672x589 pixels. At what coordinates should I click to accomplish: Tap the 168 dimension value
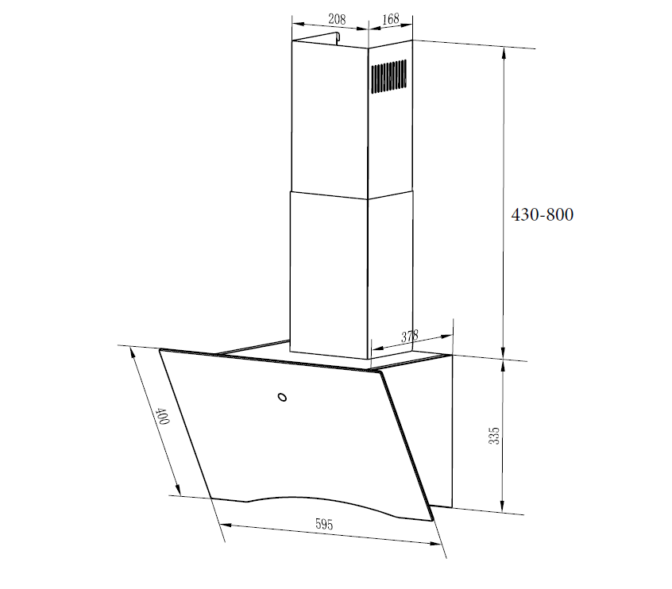(x=390, y=18)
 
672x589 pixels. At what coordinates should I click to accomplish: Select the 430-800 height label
(x=542, y=214)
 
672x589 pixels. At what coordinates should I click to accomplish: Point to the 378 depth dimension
(x=409, y=337)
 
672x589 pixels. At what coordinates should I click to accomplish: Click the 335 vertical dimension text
(x=494, y=435)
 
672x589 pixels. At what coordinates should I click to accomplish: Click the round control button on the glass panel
(x=281, y=398)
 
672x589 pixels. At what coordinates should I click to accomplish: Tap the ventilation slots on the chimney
(x=389, y=77)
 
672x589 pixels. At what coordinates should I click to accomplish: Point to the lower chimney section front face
(x=328, y=274)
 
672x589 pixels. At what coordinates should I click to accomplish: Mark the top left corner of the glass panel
(x=160, y=350)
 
